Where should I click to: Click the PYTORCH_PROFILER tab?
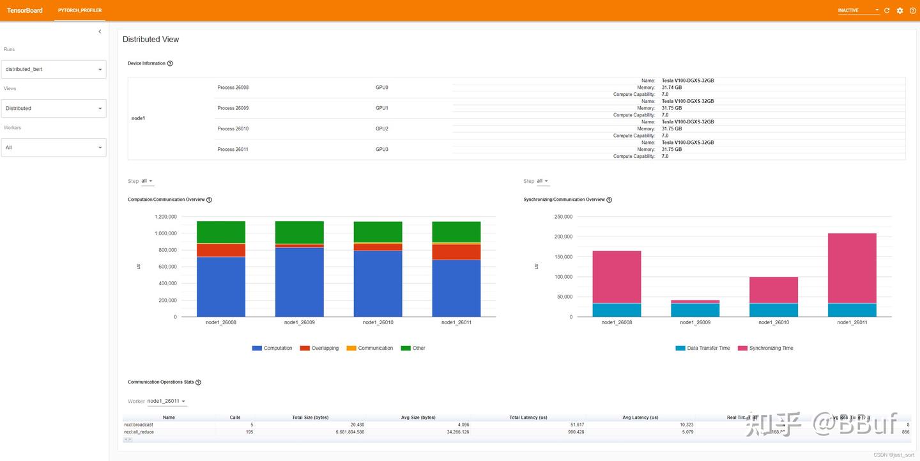80,10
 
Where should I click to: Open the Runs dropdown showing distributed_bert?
54,69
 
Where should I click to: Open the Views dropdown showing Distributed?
54,108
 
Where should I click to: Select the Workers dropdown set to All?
54,147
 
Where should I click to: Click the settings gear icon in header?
900,10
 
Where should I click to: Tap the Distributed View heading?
151,40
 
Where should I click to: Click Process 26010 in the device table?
233,129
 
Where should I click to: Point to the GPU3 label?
382,149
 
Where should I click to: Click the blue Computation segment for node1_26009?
299,281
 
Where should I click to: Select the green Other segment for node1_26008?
221,232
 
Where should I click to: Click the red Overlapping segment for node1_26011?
456,252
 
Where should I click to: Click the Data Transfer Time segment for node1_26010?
773,310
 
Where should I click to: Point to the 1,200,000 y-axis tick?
165,217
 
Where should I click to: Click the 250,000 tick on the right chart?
563,217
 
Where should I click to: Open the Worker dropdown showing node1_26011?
166,402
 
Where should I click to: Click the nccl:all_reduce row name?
139,432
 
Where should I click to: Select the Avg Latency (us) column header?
640,418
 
